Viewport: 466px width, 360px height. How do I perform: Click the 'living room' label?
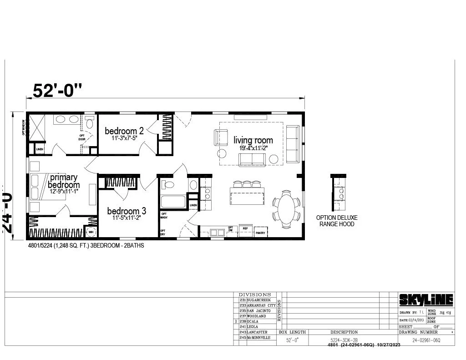253,141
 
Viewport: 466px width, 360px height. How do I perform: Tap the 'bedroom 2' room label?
124,132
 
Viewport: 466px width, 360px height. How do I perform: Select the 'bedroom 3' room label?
127,211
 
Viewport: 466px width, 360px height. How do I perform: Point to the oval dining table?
286,209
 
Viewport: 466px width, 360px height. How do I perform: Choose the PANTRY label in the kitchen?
260,233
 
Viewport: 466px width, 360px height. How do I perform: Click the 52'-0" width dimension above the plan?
57,91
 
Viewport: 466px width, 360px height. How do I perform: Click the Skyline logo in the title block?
426,299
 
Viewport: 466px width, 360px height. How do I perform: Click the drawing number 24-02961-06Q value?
426,340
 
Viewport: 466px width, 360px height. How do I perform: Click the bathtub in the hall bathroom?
173,201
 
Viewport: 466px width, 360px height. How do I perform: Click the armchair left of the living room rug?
221,137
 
